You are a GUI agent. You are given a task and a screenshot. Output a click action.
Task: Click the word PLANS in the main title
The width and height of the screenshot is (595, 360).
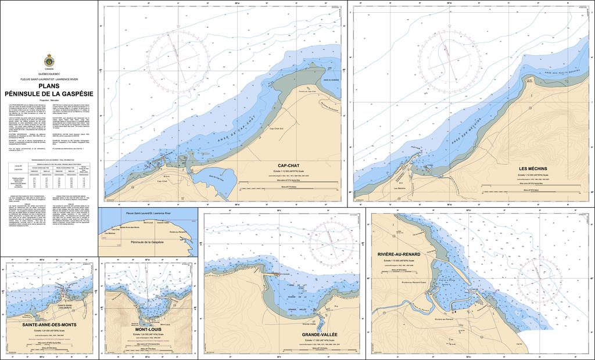(49, 87)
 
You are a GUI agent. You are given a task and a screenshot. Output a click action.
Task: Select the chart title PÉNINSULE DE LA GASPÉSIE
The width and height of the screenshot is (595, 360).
(49, 93)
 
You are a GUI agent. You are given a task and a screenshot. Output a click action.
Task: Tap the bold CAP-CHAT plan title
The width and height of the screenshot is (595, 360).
(289, 165)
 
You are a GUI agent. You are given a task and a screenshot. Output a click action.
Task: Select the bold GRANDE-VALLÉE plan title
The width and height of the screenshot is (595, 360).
(320, 335)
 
